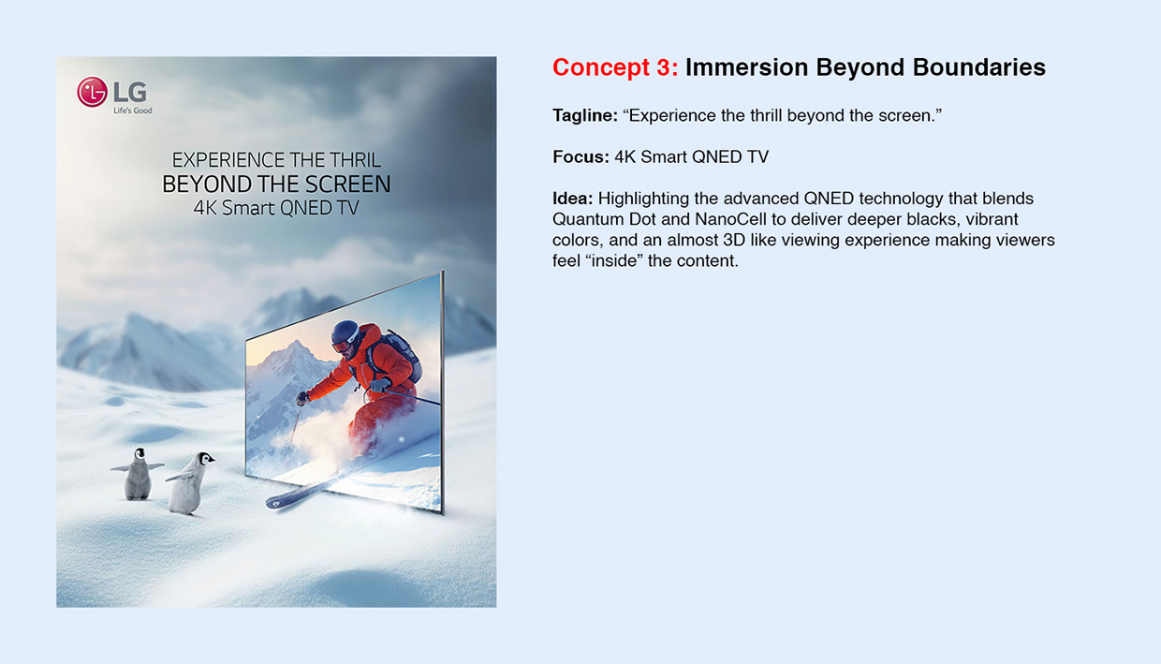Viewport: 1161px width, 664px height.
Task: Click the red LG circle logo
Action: (x=92, y=92)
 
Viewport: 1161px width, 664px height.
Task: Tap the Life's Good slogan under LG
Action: (x=132, y=111)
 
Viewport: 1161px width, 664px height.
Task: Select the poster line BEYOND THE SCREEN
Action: (x=276, y=184)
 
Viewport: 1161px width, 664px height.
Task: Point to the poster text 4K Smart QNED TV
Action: (x=276, y=208)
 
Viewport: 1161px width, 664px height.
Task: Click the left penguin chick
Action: (x=138, y=474)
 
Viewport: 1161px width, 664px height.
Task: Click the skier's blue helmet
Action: (x=345, y=332)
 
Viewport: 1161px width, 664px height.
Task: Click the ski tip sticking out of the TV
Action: (x=281, y=501)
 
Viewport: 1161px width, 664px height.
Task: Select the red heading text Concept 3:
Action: (x=614, y=67)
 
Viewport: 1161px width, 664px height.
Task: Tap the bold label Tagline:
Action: (x=584, y=115)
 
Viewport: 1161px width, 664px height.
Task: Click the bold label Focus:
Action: (x=580, y=157)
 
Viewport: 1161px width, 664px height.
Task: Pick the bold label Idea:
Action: (x=572, y=199)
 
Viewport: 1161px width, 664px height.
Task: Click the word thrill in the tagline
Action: (x=762, y=115)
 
